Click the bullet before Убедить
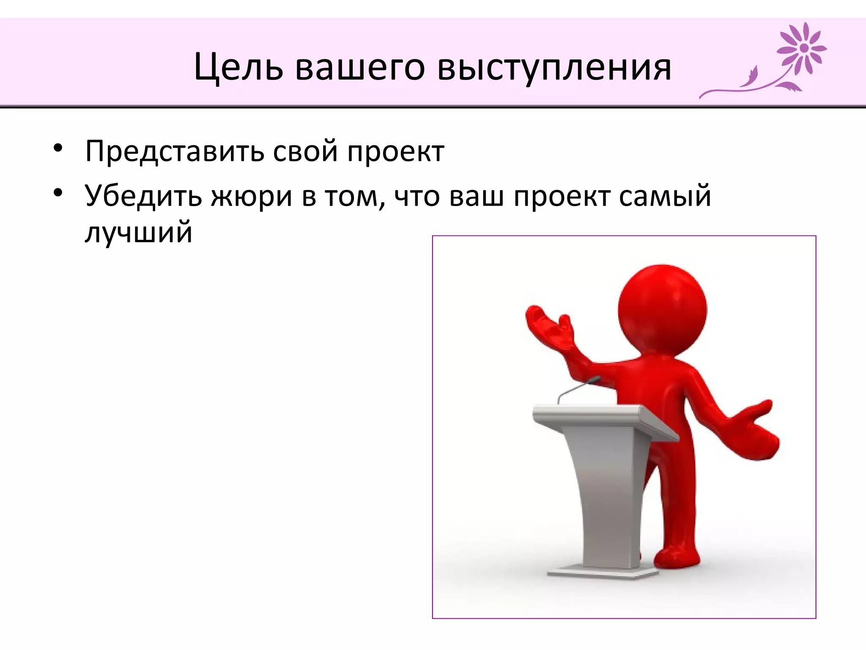[58, 193]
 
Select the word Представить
[174, 151]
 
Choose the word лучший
[138, 233]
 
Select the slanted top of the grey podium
[600, 417]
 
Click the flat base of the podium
[603, 573]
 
